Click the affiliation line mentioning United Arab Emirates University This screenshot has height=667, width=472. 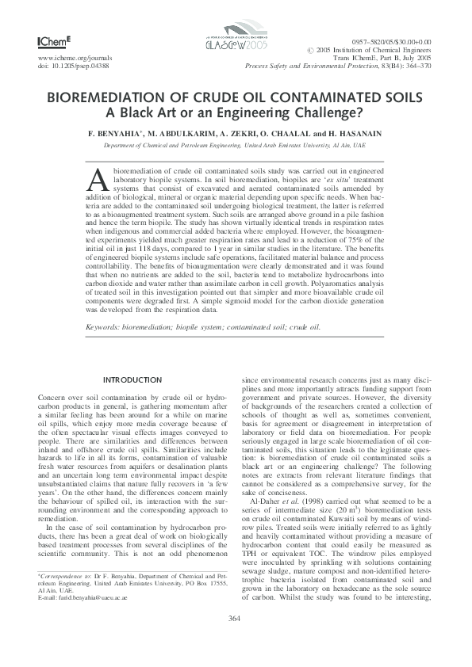235,147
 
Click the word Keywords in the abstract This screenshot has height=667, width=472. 106,326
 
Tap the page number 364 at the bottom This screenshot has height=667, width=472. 235,640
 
